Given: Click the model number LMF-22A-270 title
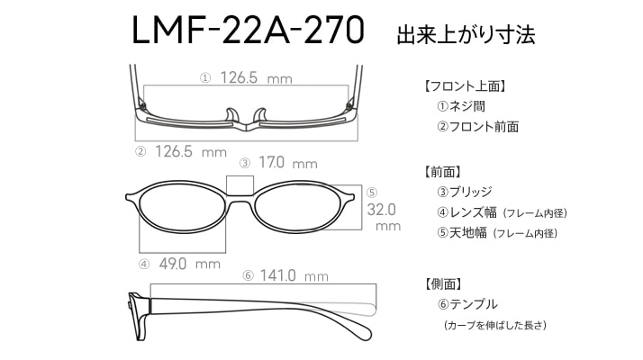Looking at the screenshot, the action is point(248,31).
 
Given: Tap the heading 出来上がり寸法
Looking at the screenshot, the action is point(466,34).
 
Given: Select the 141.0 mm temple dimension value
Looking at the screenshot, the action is point(294,275).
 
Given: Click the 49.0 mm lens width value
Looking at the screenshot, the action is point(189,264).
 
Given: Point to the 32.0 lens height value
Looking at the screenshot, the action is point(381,210).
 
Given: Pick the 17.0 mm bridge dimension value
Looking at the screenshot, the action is point(288,163).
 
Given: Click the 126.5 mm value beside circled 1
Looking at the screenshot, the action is point(257,77).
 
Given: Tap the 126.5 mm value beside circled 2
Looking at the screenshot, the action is point(191,151).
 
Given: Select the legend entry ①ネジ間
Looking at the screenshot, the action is point(461,106).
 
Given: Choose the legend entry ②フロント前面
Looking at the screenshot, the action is point(477,127).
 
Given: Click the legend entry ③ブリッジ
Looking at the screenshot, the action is point(465,192).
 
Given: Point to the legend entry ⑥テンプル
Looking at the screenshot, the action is point(467,304).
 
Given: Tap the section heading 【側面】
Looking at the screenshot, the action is point(443,283).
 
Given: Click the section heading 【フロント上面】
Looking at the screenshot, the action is point(466,86).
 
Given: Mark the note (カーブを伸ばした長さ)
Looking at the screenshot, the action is point(495,325).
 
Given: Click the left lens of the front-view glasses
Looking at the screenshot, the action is point(181,207).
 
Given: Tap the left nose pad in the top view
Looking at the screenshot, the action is point(231,115).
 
